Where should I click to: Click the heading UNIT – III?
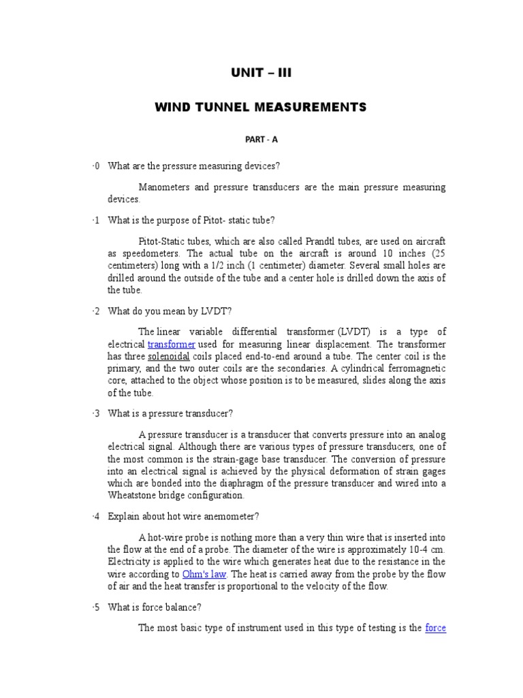click(x=261, y=72)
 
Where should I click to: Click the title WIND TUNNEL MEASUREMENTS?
click(x=261, y=107)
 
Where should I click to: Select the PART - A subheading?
click(x=261, y=140)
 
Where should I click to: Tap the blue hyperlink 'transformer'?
click(x=172, y=344)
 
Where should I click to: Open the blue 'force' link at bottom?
click(x=435, y=628)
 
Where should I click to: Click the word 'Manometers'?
click(x=163, y=187)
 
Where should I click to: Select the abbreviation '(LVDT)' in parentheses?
click(x=351, y=332)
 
